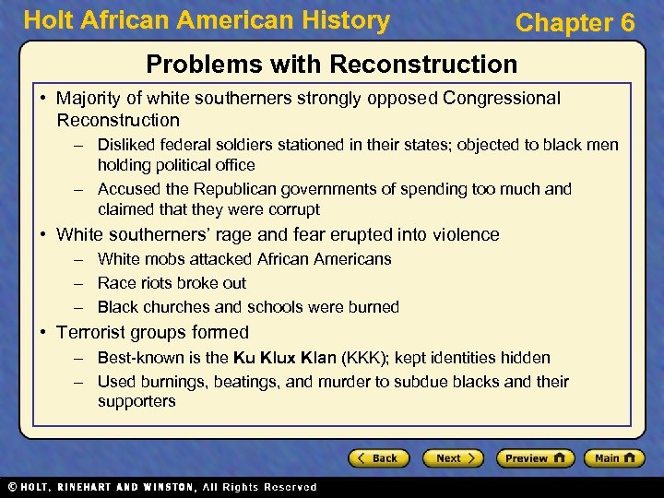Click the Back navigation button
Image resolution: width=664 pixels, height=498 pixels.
pyautogui.click(x=378, y=458)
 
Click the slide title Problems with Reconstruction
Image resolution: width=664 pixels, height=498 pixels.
pyautogui.click(x=332, y=65)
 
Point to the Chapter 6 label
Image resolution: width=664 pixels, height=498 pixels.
pyautogui.click(x=575, y=23)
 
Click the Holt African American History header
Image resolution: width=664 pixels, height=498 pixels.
pyautogui.click(x=207, y=21)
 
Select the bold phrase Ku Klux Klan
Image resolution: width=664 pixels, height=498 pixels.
pyautogui.click(x=285, y=358)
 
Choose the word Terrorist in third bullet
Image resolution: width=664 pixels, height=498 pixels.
pyautogui.click(x=93, y=333)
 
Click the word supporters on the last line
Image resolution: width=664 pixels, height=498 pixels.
pyautogui.click(x=136, y=402)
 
